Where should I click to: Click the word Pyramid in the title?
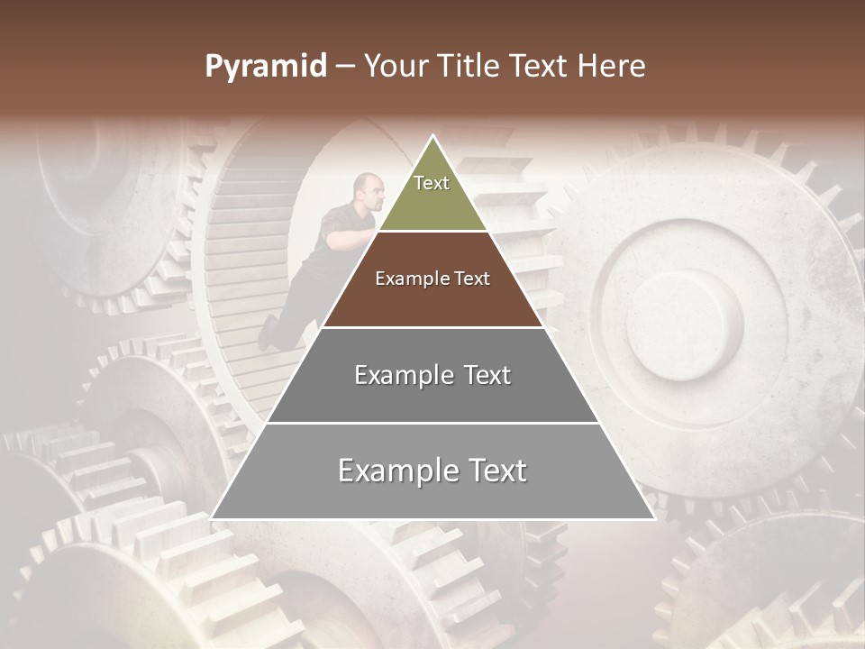pyautogui.click(x=265, y=67)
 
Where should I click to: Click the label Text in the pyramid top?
pyautogui.click(x=432, y=183)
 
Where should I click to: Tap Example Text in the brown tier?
pyautogui.click(x=432, y=279)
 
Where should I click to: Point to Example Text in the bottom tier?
pyautogui.click(x=432, y=471)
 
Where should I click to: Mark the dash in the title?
pyautogui.click(x=345, y=67)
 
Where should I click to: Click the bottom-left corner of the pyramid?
pyautogui.click(x=212, y=518)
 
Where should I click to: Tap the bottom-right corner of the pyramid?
pyautogui.click(x=654, y=518)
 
